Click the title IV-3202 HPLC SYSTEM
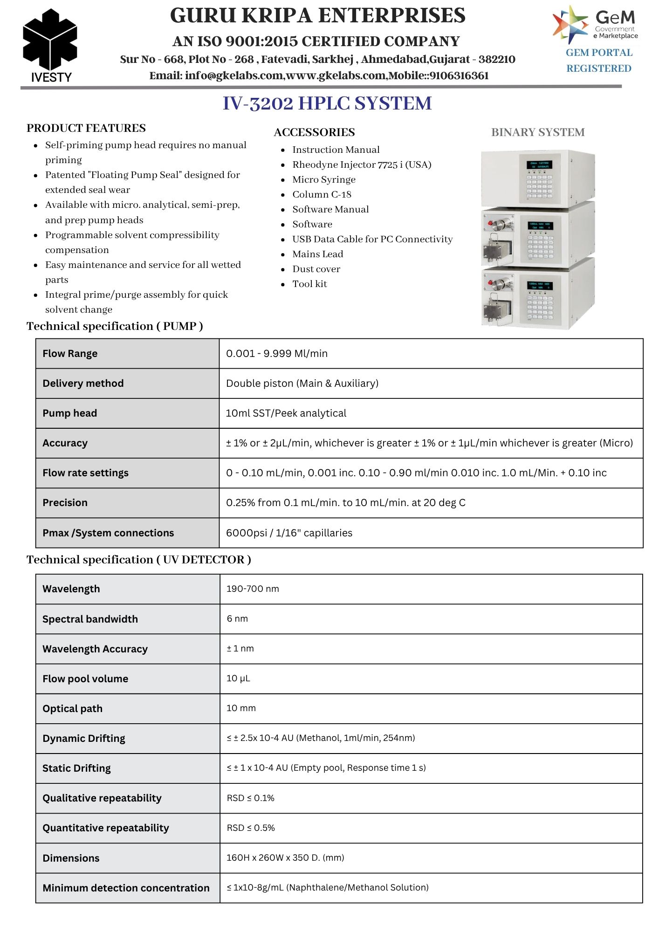click(327, 103)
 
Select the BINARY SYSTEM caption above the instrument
click(537, 132)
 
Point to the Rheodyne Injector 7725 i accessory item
click(362, 164)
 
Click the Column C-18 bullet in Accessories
click(322, 194)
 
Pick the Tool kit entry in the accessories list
click(309, 284)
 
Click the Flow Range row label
click(70, 354)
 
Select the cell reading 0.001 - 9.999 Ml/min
click(277, 354)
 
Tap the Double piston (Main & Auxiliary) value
click(302, 384)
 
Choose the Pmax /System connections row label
click(108, 533)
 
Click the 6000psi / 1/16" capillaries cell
click(289, 533)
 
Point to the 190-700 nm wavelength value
click(253, 589)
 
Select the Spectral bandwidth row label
click(90, 619)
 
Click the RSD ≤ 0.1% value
click(250, 798)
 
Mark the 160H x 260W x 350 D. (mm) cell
click(285, 858)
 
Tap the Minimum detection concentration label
click(126, 888)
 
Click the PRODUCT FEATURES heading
click(86, 128)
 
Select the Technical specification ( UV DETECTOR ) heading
click(139, 560)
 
